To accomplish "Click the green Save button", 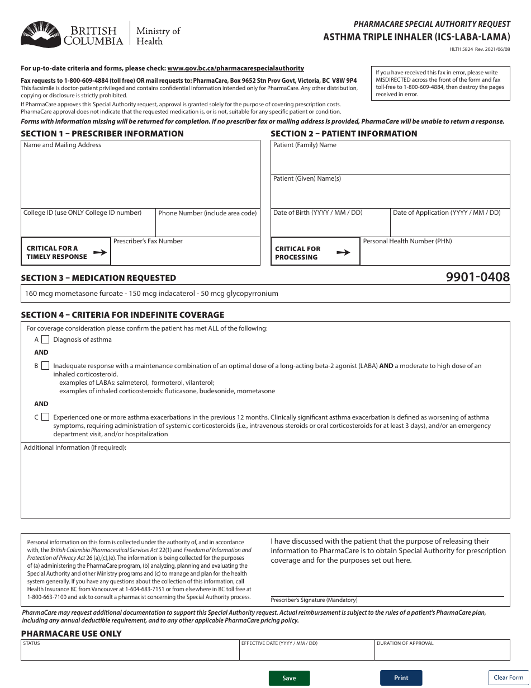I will click(x=289, y=678).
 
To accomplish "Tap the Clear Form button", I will click(x=508, y=677).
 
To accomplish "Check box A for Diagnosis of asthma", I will click(x=45, y=340).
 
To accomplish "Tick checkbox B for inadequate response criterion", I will click(x=45, y=366).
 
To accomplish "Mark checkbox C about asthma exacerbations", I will click(x=45, y=417).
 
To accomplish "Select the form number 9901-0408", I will click(x=478, y=276).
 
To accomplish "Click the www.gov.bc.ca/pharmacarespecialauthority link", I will click(x=235, y=68).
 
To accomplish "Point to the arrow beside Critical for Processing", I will click(x=343, y=253).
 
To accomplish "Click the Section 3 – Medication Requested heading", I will click(x=98, y=278).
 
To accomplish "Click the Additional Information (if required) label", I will click(x=75, y=447).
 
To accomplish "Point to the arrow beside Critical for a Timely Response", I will click(x=99, y=252).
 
